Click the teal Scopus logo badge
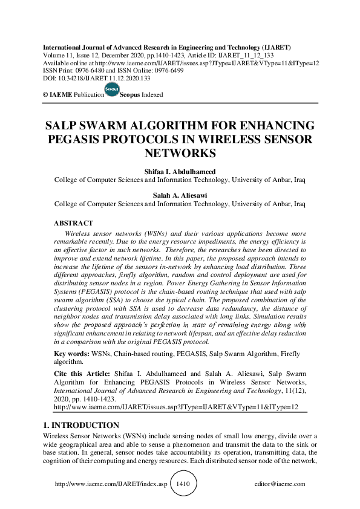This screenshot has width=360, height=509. pos(112,90)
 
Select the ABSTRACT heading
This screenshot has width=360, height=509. pos(74,223)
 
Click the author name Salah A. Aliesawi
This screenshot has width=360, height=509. pos(180,195)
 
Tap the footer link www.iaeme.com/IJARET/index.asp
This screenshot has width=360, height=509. pos(110,484)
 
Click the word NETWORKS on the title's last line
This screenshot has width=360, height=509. pos(180,154)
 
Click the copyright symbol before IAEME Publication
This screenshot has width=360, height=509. pos(45,95)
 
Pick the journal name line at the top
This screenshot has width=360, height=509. pos(166,47)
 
